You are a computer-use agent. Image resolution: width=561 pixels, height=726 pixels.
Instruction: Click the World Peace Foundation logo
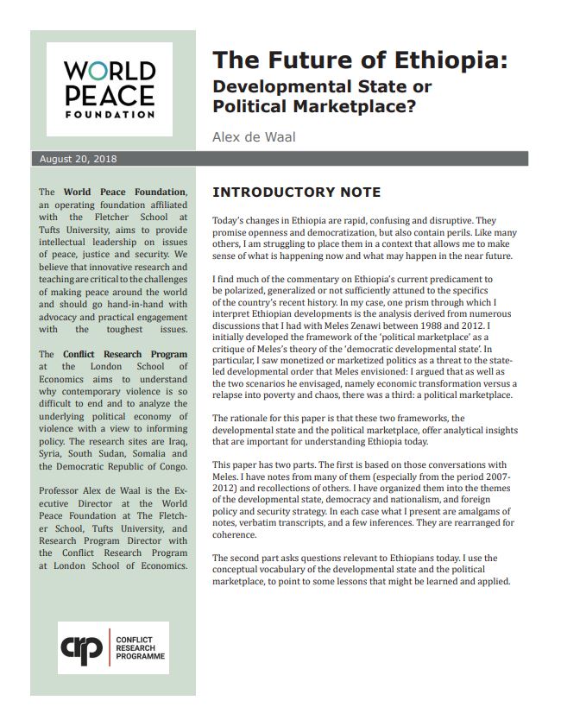click(x=110, y=89)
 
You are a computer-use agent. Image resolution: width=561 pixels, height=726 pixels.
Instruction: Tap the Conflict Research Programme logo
click(x=113, y=647)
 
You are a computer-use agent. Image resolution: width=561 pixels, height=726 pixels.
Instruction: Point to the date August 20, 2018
click(x=79, y=159)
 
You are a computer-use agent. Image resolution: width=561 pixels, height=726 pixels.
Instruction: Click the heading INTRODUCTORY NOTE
click(x=296, y=193)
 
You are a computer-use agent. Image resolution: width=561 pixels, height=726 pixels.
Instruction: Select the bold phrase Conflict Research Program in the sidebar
click(x=125, y=355)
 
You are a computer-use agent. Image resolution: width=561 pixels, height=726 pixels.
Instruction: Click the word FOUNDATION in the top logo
click(x=110, y=114)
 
